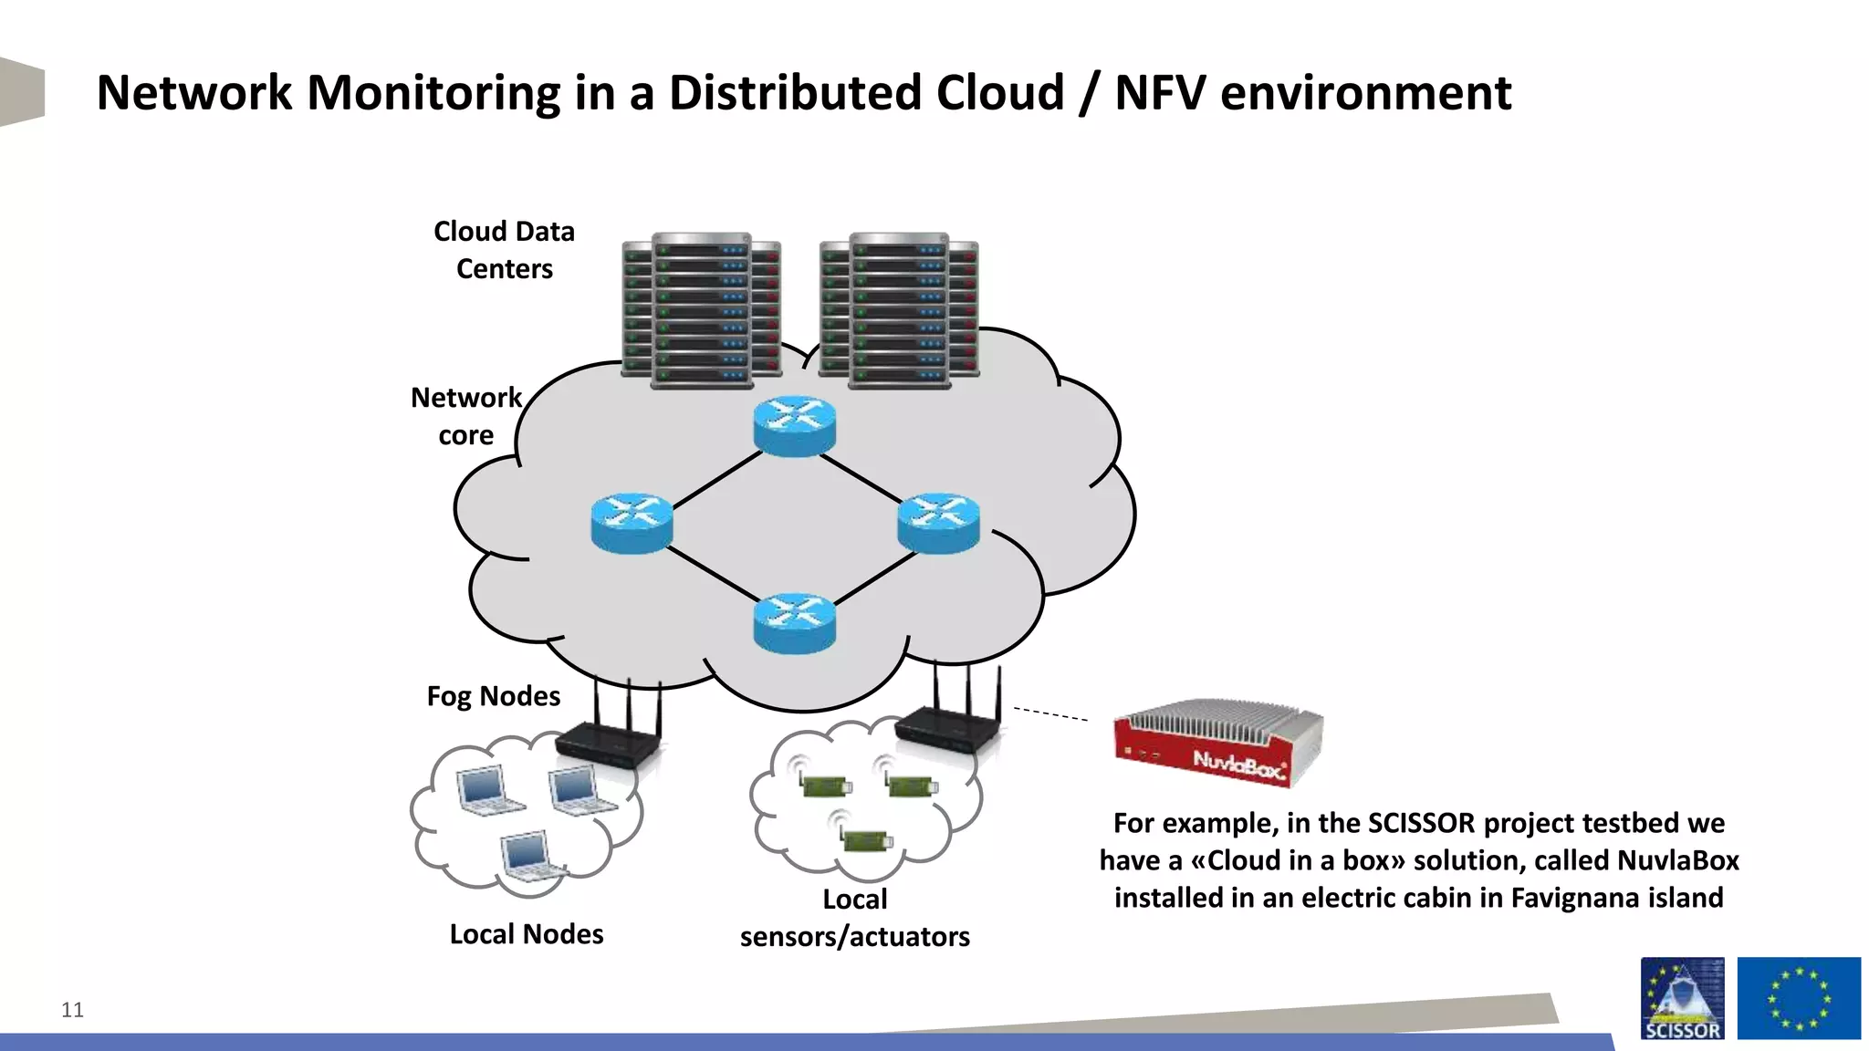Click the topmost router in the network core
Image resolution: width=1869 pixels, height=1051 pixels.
pos(794,425)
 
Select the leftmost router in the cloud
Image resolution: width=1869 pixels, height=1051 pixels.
pos(632,523)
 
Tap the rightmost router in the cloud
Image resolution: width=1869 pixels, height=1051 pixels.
pos(938,523)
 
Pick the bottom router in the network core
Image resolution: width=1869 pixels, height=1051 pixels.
pos(794,623)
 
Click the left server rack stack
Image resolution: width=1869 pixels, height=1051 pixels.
pos(701,310)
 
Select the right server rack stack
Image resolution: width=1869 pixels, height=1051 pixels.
pos(899,310)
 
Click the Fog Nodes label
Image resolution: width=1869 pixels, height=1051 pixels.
pos(493,696)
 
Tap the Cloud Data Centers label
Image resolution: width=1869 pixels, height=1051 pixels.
pos(504,250)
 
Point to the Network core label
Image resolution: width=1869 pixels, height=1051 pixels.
pos(465,416)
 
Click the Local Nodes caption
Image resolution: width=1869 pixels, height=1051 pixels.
pos(527,934)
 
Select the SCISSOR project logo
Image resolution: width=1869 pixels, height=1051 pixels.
pos(1682,998)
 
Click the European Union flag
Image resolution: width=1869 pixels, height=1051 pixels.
pos(1798,998)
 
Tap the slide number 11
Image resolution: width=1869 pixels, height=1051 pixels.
pos(72,1010)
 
